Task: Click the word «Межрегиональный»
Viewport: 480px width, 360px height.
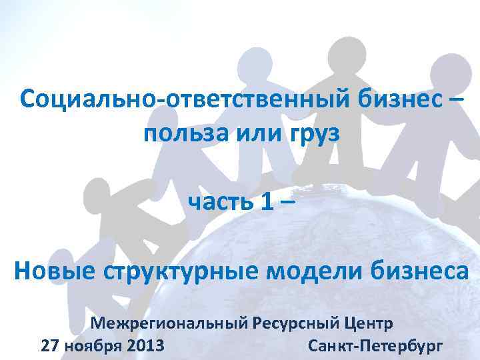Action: tap(169, 325)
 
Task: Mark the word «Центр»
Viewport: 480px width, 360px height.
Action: tap(370, 325)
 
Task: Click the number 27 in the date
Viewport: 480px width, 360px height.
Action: tap(51, 347)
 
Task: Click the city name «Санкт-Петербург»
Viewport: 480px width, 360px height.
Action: tap(375, 347)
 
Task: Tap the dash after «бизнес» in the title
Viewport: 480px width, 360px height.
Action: tap(453, 101)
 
